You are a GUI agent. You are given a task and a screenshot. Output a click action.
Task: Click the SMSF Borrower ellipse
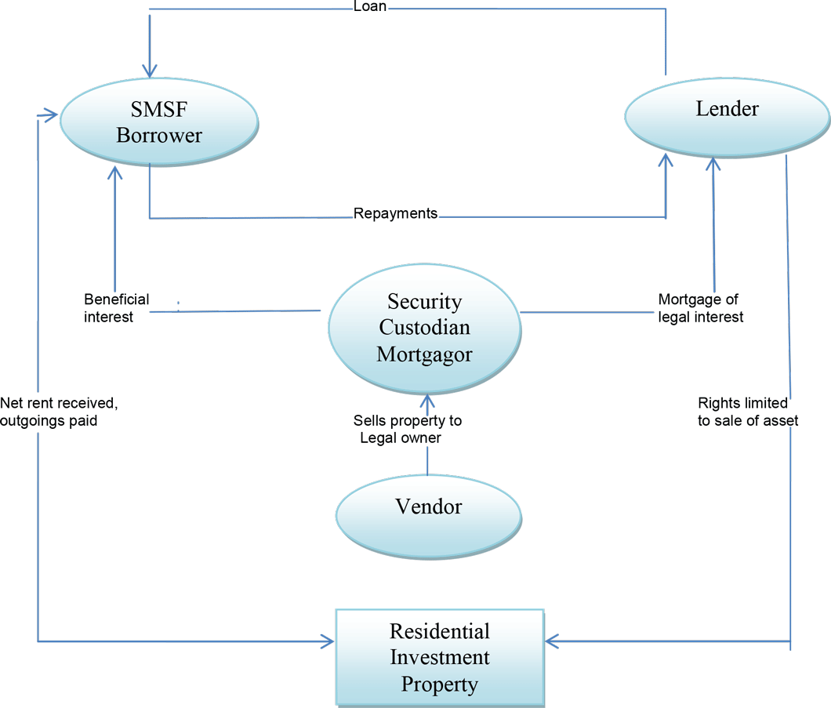point(159,122)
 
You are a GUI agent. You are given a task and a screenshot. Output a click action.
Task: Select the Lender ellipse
point(728,118)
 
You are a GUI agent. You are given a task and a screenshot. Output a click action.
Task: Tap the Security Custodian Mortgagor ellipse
point(425,329)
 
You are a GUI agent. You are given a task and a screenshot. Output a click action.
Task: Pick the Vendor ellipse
point(429,516)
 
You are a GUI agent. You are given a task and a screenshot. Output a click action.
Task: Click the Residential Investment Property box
point(440,658)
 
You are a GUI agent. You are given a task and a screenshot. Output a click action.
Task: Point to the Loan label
point(370,6)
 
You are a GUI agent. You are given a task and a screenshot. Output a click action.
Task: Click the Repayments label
point(395,213)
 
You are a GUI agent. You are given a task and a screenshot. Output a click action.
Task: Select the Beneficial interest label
point(117,308)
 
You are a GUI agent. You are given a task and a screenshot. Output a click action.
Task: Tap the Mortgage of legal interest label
point(700,308)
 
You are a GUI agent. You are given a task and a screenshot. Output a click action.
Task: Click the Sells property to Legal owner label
point(408,429)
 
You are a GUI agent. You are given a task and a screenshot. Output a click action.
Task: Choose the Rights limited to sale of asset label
point(748,412)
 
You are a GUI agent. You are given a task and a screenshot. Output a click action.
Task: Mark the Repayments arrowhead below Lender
point(666,161)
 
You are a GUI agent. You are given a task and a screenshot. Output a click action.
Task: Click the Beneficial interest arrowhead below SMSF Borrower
point(115,172)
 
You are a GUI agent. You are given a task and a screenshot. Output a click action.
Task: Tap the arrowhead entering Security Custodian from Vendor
point(427,401)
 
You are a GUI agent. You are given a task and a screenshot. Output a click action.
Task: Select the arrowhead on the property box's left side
point(327,641)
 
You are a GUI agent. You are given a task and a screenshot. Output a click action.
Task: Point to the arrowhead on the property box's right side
point(552,641)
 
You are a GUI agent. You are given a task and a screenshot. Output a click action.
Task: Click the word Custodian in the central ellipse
point(424,327)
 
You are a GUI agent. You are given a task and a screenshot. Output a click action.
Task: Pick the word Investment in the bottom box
point(440,657)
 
